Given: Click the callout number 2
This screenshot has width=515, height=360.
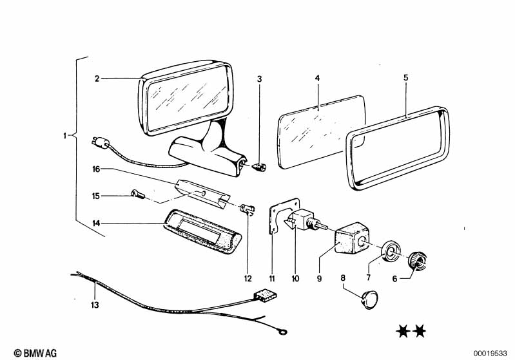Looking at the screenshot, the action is [x=97, y=79].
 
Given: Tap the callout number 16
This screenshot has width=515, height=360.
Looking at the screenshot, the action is [x=96, y=169].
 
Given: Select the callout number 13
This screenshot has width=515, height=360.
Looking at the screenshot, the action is [x=95, y=305].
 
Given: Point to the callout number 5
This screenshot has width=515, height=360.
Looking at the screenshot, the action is [x=406, y=78].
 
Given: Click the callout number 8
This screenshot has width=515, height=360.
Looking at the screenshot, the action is [x=343, y=278].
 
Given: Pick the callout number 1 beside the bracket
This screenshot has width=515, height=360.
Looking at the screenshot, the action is [x=64, y=135].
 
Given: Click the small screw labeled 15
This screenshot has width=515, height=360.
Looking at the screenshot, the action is [x=138, y=194].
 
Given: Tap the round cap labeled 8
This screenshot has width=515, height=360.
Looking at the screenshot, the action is [x=369, y=299].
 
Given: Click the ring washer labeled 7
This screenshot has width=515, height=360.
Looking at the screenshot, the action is [x=390, y=251].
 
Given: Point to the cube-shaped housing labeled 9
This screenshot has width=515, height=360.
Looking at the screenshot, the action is [x=351, y=238].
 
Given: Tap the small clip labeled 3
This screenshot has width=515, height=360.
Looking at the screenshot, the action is [x=260, y=167].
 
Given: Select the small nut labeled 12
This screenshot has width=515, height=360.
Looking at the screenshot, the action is [x=247, y=209].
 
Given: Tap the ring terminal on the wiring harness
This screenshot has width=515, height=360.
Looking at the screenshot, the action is [x=282, y=332].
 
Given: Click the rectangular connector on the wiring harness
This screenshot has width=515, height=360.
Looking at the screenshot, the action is [x=266, y=295].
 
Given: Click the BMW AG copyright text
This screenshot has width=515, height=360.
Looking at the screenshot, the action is [x=35, y=353].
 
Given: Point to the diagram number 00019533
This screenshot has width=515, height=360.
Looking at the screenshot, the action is [x=491, y=354].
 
